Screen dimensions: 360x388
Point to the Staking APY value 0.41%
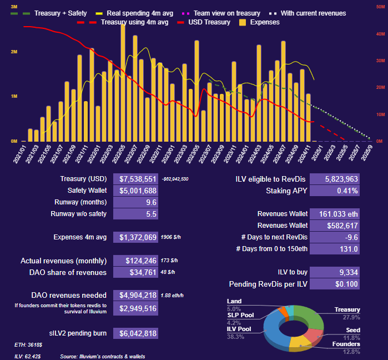tap(334, 191)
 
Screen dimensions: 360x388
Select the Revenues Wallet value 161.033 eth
tap(334, 214)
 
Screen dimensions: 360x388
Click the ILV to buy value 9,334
tap(334, 272)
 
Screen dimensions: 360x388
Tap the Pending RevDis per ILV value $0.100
tap(334, 284)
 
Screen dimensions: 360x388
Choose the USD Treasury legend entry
tap(209, 22)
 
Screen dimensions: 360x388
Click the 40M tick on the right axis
tap(380, 34)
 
